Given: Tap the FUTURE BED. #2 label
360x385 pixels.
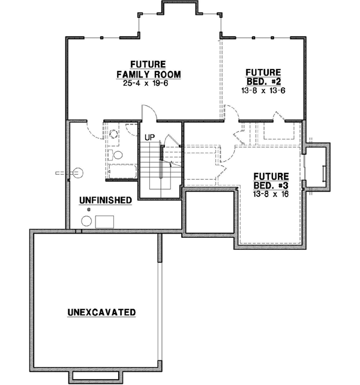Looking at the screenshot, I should point(263,76).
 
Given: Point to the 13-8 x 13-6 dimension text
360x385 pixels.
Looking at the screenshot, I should point(263,91).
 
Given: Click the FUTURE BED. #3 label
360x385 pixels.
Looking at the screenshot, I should point(271,181).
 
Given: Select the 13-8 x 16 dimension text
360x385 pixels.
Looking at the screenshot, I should point(271,195).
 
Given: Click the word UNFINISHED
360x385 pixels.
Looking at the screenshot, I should point(105,200).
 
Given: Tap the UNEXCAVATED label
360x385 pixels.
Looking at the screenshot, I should point(101,312).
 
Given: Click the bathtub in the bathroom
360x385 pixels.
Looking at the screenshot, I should point(122,171).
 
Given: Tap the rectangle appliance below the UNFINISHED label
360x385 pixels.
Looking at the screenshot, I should point(106,222).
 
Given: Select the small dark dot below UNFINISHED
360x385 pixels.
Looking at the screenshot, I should point(89,209).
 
